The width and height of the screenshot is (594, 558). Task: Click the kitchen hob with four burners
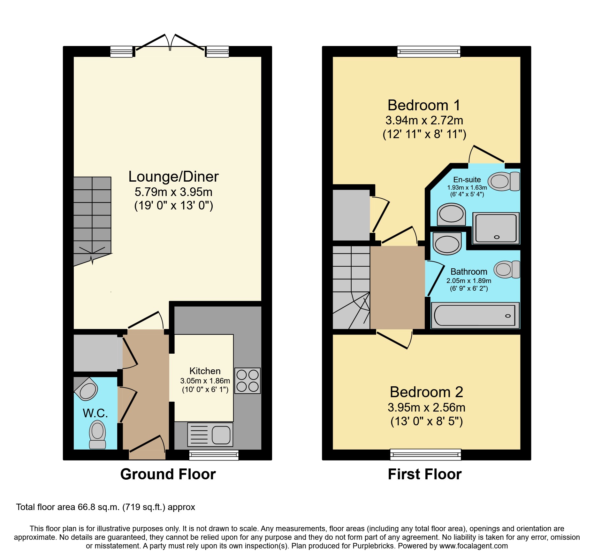(247, 381)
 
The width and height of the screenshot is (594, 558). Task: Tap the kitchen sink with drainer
(210, 435)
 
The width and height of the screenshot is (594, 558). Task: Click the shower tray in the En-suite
(496, 228)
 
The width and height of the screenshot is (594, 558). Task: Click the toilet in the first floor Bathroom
(507, 269)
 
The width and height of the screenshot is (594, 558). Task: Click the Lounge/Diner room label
(173, 177)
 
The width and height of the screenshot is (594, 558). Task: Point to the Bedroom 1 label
(424, 105)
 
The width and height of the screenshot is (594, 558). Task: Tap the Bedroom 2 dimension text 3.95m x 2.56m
(426, 407)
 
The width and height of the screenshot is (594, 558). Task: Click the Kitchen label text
(205, 371)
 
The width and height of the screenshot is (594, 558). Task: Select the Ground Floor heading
(168, 474)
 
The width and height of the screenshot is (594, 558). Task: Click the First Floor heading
(425, 474)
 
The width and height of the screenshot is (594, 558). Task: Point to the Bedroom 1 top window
(429, 51)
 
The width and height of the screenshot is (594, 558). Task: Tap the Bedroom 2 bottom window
(426, 454)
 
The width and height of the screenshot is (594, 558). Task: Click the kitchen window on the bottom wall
(214, 455)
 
